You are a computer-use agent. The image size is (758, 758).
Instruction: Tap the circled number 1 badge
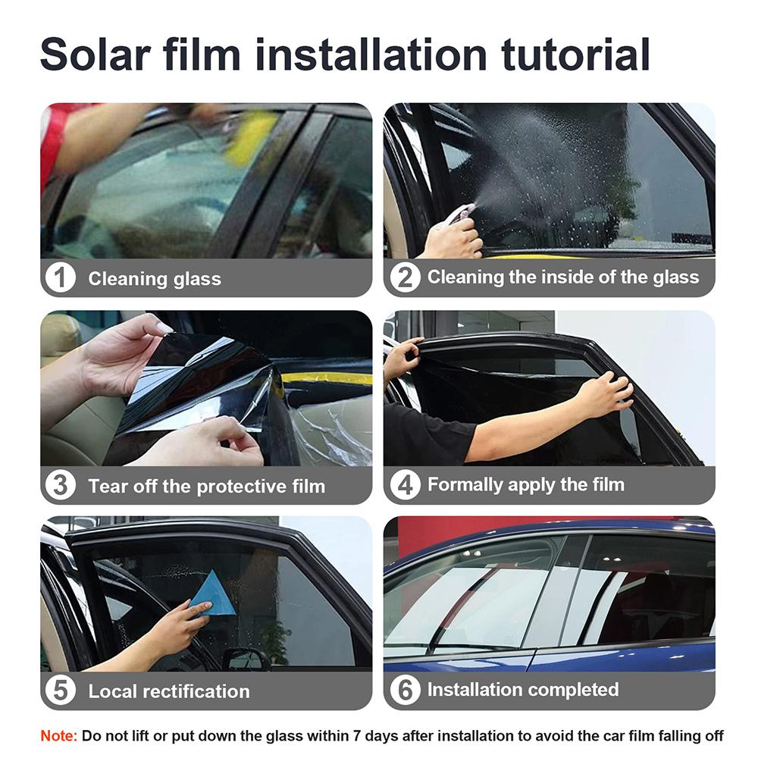point(61,278)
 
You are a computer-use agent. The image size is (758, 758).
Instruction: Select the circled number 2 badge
point(405,278)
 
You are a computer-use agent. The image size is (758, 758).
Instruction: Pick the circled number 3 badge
point(61,485)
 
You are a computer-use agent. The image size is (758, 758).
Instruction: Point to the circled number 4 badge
point(405,485)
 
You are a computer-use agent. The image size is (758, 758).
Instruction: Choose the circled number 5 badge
point(61,691)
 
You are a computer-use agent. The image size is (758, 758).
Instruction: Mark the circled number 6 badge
point(405,691)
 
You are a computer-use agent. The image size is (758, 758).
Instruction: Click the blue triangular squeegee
point(213,596)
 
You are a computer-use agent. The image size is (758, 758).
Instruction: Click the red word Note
point(58,735)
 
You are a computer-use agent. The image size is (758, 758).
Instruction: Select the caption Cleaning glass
point(155,279)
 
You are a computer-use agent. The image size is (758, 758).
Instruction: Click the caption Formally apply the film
point(525,484)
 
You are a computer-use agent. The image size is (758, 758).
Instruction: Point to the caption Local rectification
point(168,691)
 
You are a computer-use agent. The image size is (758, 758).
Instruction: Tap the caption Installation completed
point(522,690)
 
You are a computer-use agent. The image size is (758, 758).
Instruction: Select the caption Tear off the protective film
point(206,486)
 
